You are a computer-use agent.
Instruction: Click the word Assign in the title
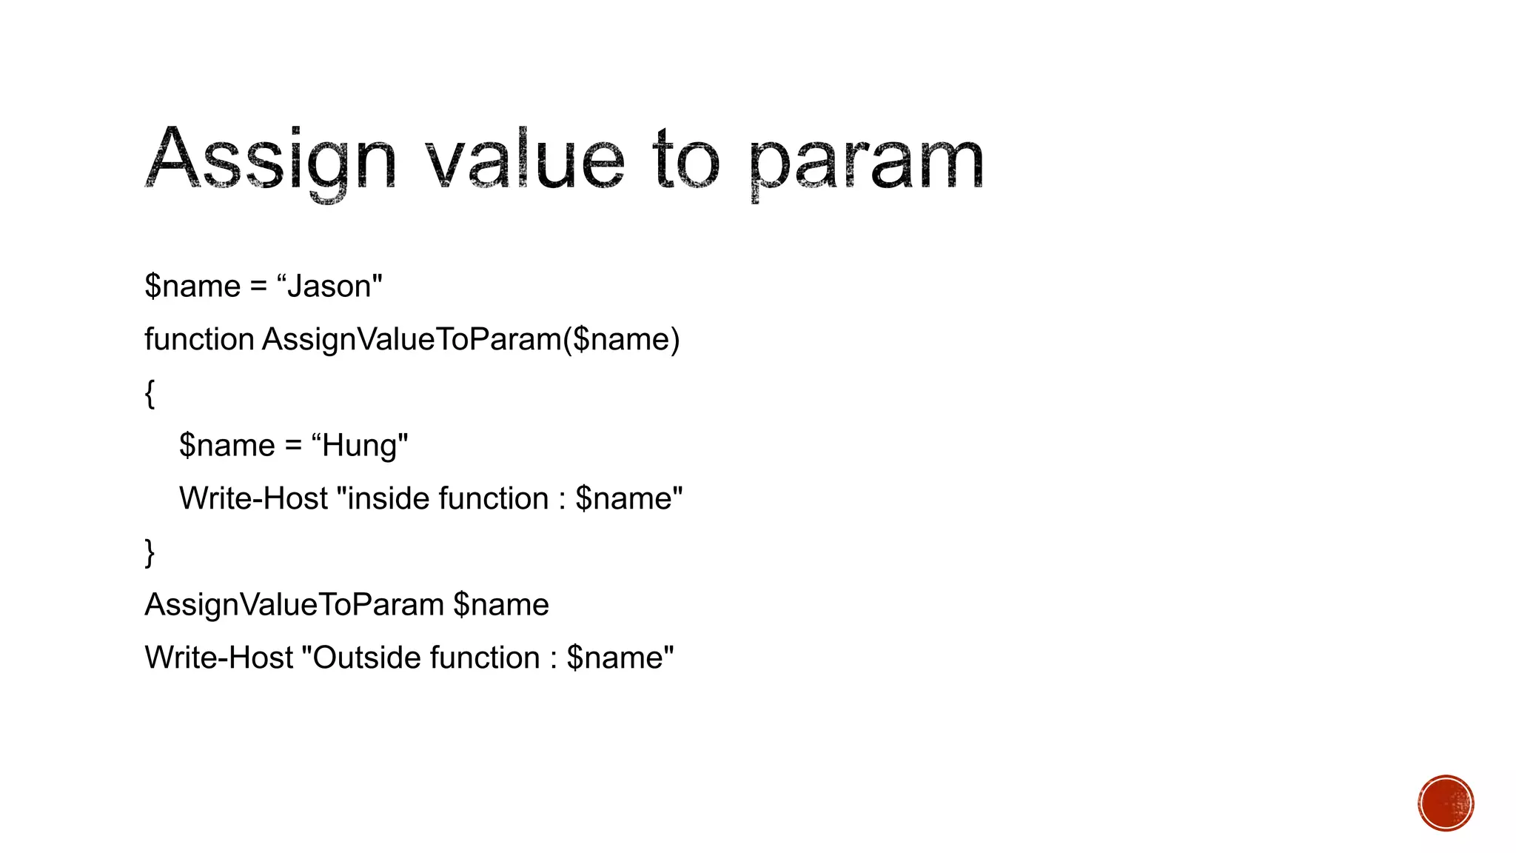271,159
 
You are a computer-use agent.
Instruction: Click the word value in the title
525,159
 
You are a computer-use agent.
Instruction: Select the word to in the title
685,159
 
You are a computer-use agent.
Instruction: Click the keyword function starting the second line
199,340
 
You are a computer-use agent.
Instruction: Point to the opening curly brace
150,393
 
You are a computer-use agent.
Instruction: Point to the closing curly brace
150,552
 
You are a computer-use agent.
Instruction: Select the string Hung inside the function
360,446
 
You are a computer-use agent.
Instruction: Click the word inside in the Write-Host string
389,498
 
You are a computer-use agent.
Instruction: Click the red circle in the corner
1446,803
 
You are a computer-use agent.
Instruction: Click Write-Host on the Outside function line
219,658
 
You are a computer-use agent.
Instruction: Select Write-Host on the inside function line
253,498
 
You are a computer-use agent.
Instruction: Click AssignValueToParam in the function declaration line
412,340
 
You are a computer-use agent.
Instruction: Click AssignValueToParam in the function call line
294,605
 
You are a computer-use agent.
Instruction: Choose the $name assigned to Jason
192,287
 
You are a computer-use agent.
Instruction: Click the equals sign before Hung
293,446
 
